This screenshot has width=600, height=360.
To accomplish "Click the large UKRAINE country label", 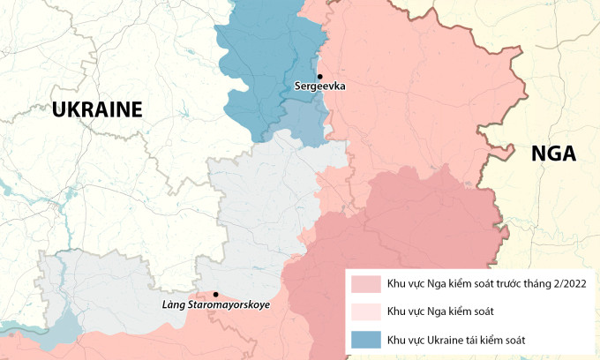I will click(97, 109).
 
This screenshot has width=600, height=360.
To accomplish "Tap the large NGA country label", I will click(553, 154).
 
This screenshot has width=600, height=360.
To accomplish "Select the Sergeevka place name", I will click(319, 87).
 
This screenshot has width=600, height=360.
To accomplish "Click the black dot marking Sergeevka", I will click(320, 76).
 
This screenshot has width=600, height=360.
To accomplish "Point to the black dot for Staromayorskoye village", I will click(215, 294).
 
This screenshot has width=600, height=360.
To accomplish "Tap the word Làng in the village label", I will click(173, 305).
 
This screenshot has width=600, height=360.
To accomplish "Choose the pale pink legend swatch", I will click(365, 311).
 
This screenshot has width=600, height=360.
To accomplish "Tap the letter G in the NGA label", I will click(553, 154).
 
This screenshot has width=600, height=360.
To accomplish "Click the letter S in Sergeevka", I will click(298, 87).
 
